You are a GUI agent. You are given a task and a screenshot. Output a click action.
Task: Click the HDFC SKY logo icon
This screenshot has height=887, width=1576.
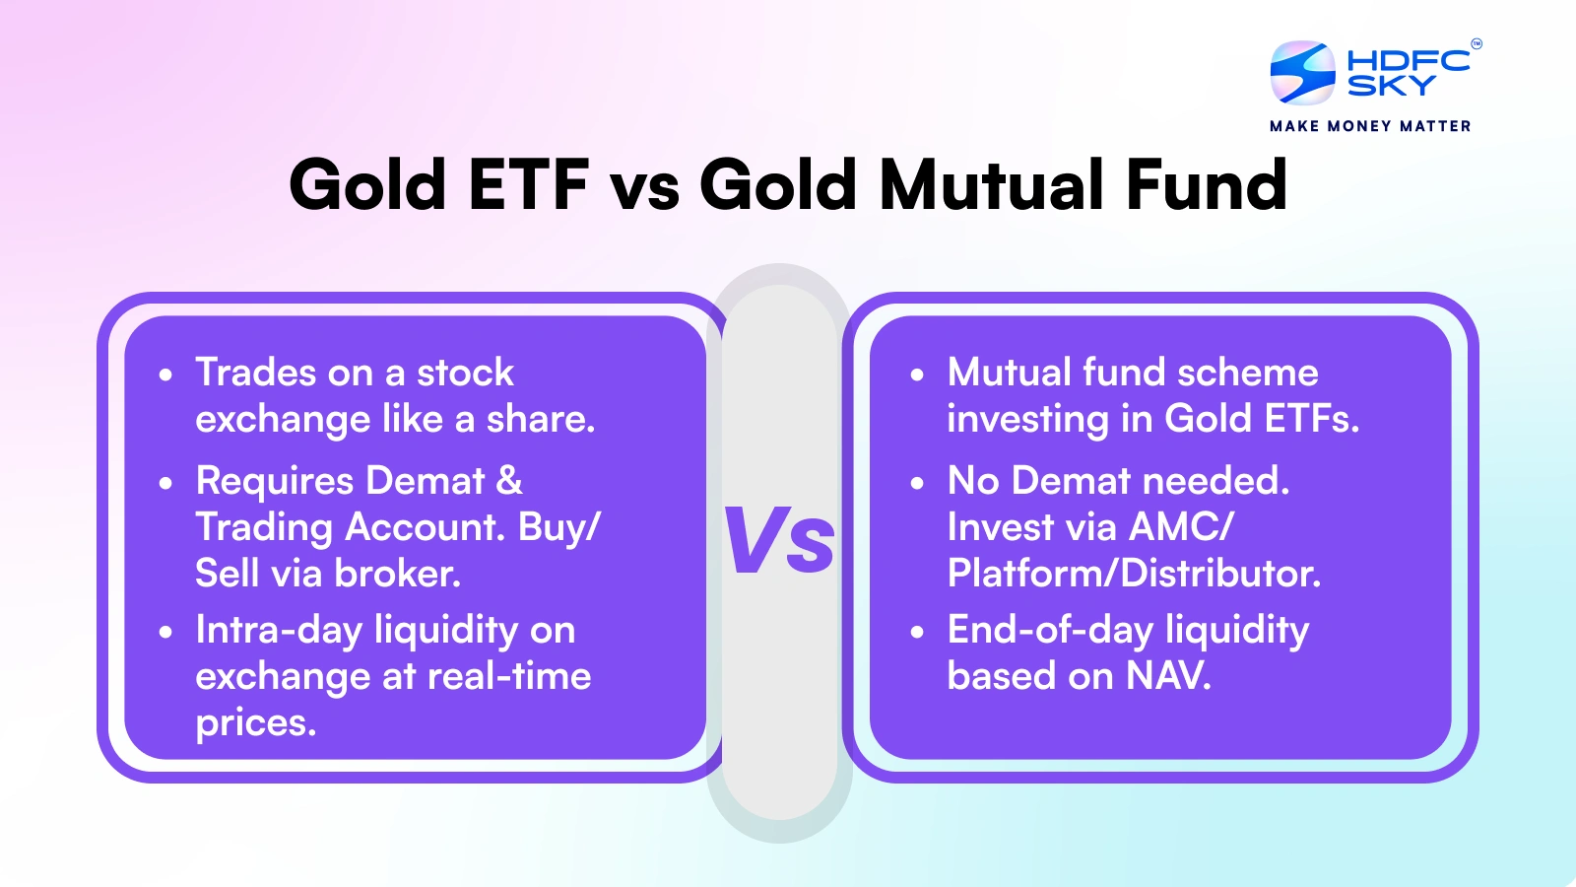click(1302, 72)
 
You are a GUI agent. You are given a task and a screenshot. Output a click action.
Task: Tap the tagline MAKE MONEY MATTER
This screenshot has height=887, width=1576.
click(1370, 126)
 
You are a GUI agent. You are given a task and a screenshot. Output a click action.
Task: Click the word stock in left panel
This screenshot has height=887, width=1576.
click(465, 373)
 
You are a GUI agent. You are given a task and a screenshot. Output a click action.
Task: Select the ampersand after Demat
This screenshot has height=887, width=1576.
click(509, 481)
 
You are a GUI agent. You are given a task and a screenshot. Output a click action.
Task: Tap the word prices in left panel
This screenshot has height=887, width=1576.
click(254, 722)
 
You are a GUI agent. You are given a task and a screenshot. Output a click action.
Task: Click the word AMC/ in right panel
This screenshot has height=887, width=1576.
click(1180, 527)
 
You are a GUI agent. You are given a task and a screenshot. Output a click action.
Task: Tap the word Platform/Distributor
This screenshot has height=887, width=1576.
click(1133, 573)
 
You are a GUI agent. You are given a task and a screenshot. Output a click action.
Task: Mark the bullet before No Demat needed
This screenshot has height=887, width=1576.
click(917, 484)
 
